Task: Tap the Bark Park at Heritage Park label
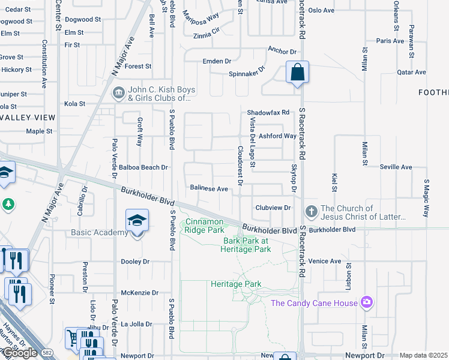click(247, 245)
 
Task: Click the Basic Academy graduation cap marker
click(137, 221)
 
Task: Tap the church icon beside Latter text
click(311, 211)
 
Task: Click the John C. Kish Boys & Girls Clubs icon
click(118, 94)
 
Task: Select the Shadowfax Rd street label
click(268, 112)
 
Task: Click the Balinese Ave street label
click(209, 188)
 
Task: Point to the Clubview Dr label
click(273, 208)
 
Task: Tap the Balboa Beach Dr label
click(143, 168)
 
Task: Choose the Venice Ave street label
click(325, 261)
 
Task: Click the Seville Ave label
click(391, 167)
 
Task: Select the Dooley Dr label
click(135, 262)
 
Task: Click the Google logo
click(19, 353)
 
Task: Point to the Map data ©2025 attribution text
click(424, 355)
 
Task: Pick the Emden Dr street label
click(217, 61)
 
